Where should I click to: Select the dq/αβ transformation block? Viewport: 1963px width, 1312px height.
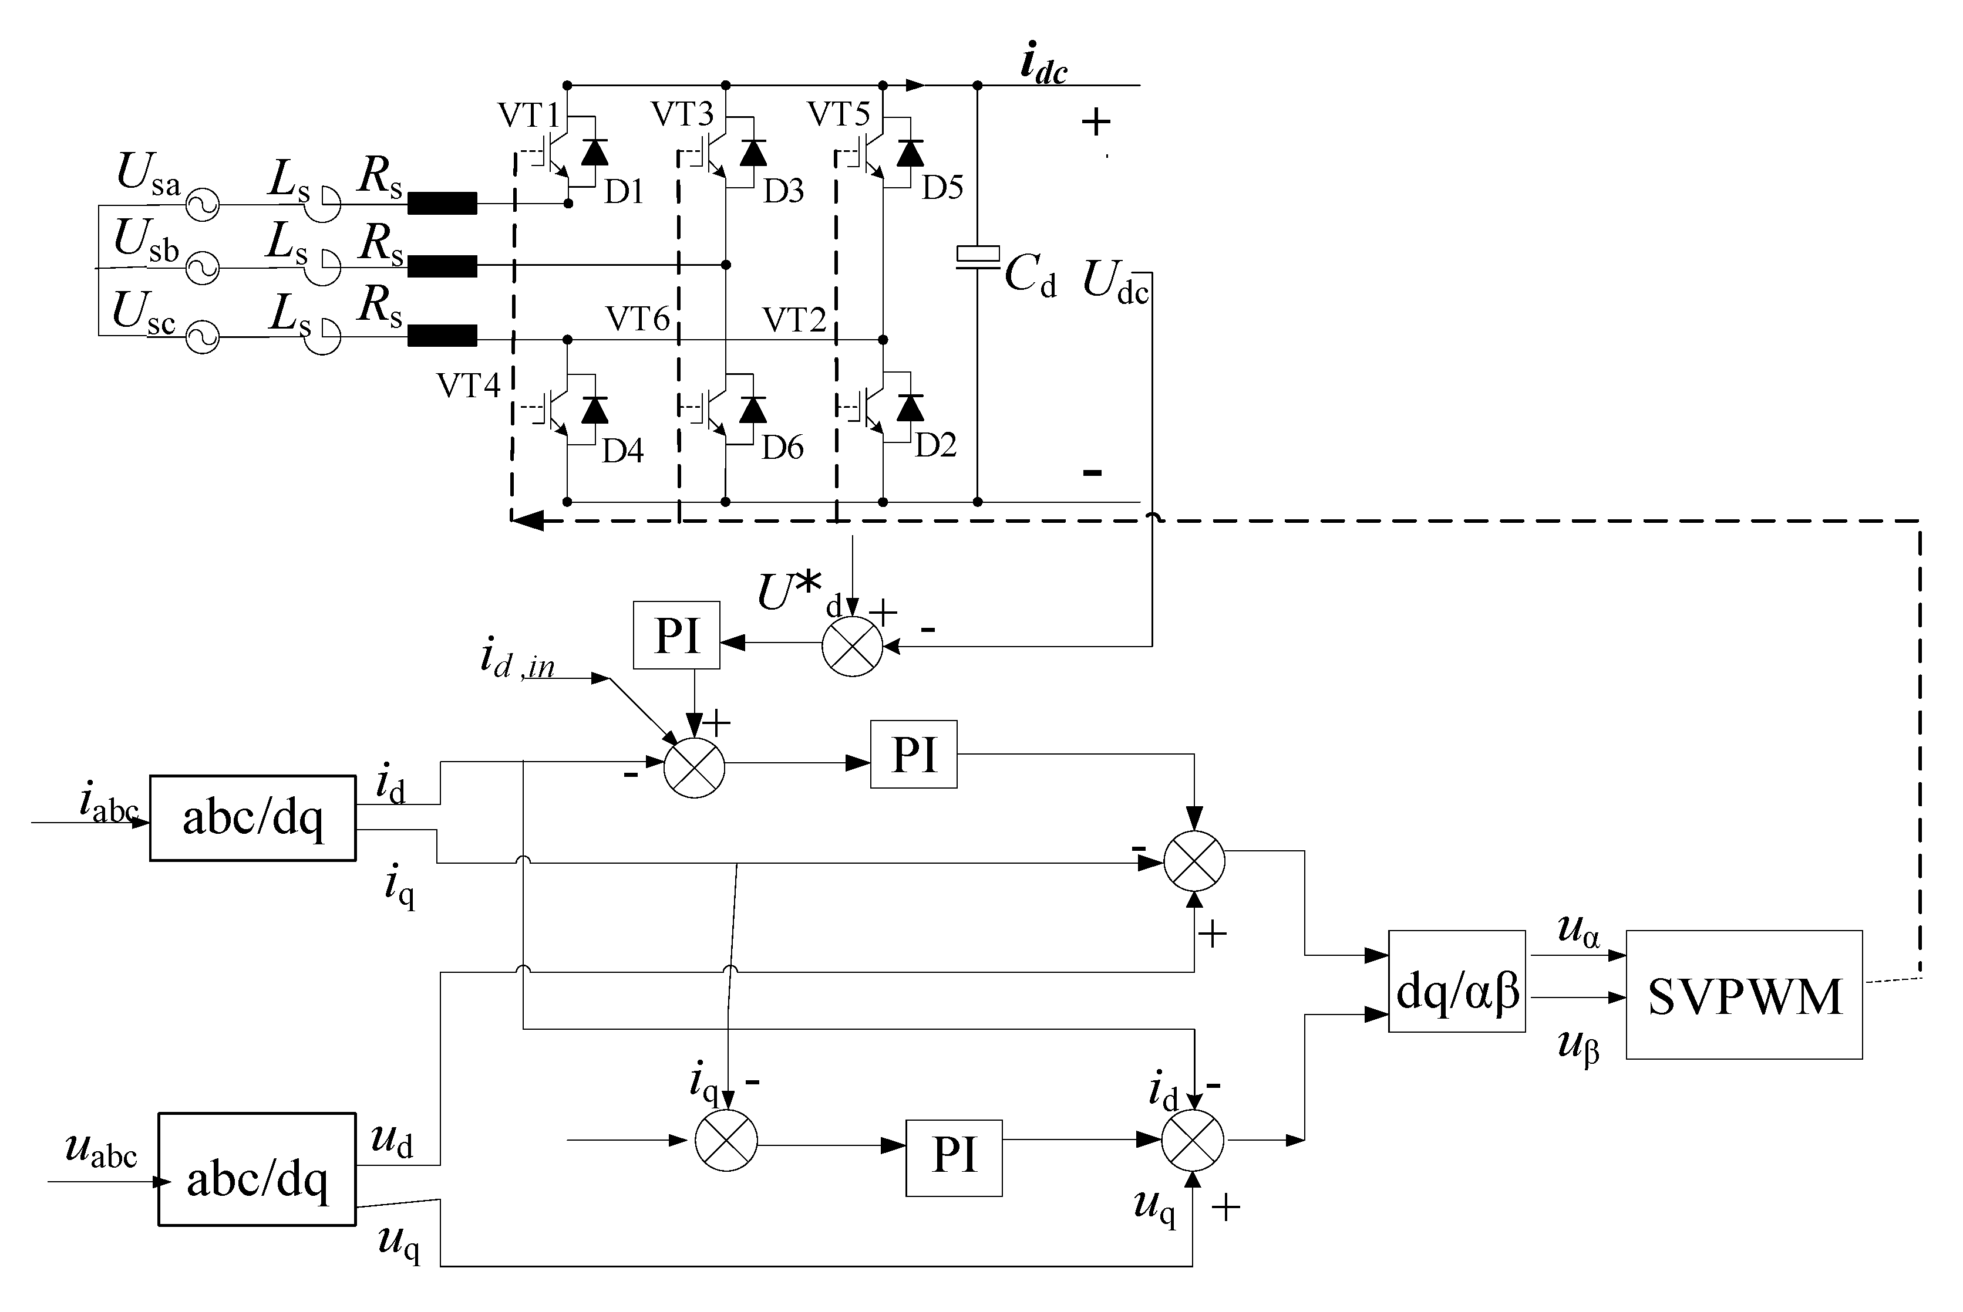(x=1457, y=980)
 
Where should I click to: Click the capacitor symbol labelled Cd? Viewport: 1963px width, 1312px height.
(x=978, y=257)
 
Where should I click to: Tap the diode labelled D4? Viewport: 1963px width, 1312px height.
(x=595, y=410)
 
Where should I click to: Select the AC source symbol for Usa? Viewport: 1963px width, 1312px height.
(x=202, y=204)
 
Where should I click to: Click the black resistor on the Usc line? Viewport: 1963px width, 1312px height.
(x=442, y=336)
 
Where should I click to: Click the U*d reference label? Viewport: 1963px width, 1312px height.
(x=791, y=593)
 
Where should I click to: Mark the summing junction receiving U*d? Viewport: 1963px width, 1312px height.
(x=852, y=646)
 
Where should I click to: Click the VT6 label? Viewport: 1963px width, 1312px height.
(x=638, y=319)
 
